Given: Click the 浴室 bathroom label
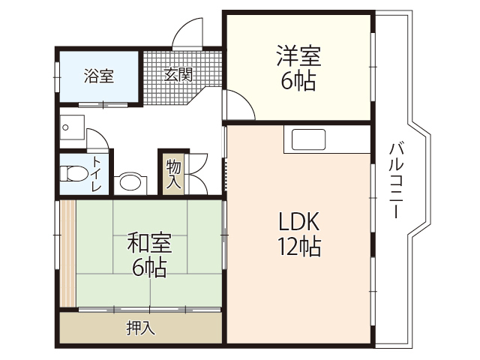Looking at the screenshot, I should (98, 76).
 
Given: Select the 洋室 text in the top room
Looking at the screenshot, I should (298, 57).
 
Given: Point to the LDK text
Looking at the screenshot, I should (300, 222).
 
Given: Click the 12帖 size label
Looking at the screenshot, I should (300, 246).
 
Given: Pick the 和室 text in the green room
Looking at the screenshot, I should (148, 243).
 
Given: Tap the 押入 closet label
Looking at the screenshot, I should (140, 328).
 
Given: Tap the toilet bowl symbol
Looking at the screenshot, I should (73, 174).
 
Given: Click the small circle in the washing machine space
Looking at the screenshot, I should (66, 127).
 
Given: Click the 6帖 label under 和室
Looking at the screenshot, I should (148, 266).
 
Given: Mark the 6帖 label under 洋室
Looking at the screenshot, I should (298, 80).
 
